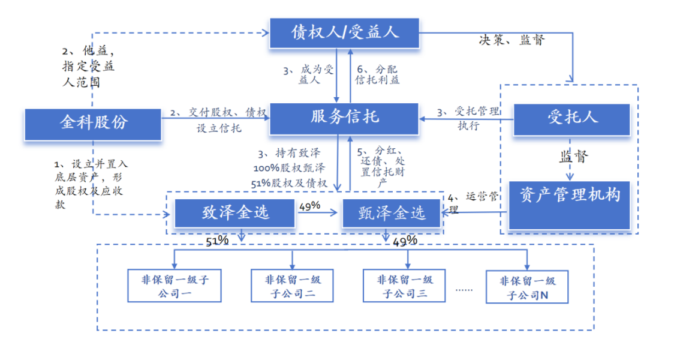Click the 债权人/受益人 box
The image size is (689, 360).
(344, 32)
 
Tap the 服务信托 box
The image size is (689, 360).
(344, 118)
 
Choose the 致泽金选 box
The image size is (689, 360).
(235, 212)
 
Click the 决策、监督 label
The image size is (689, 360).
(512, 40)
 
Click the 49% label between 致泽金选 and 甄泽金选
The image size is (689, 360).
(309, 205)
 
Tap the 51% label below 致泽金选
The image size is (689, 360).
(217, 241)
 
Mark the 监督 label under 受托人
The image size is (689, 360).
(574, 157)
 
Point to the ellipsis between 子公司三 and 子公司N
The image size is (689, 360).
(464, 289)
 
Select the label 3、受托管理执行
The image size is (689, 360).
(468, 118)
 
